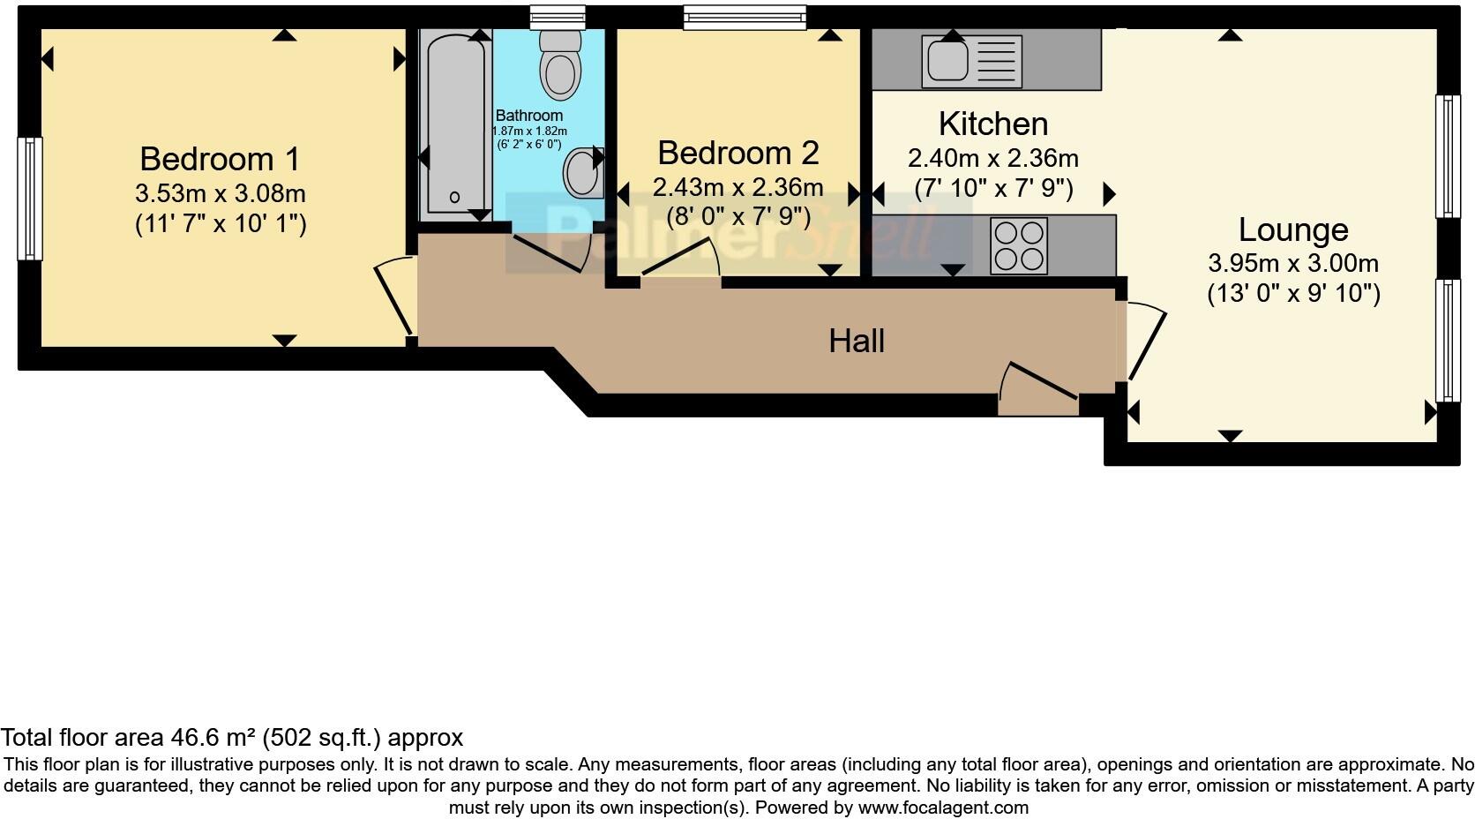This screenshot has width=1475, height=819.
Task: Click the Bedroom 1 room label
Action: click(220, 159)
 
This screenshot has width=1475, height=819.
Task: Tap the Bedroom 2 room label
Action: click(737, 153)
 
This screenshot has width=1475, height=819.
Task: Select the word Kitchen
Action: click(992, 124)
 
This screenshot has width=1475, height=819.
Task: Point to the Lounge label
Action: click(1292, 229)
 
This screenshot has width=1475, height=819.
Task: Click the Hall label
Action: click(856, 341)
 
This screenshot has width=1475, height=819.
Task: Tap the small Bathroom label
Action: click(528, 116)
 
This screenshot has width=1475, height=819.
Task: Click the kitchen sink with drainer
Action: click(970, 61)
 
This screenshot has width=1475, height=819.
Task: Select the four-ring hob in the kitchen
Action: click(1019, 245)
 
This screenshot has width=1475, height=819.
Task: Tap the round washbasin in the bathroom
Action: click(581, 172)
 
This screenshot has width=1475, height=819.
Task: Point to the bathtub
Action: click(454, 124)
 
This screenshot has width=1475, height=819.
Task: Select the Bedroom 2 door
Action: click(681, 259)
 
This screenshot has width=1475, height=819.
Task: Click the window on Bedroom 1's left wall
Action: click(30, 199)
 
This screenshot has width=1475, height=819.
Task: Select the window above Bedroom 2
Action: click(745, 17)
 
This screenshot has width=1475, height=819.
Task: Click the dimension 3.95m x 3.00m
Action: click(1292, 263)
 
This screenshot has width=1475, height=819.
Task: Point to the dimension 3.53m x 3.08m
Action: click(220, 193)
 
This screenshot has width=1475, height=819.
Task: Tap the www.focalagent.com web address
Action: click(942, 807)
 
